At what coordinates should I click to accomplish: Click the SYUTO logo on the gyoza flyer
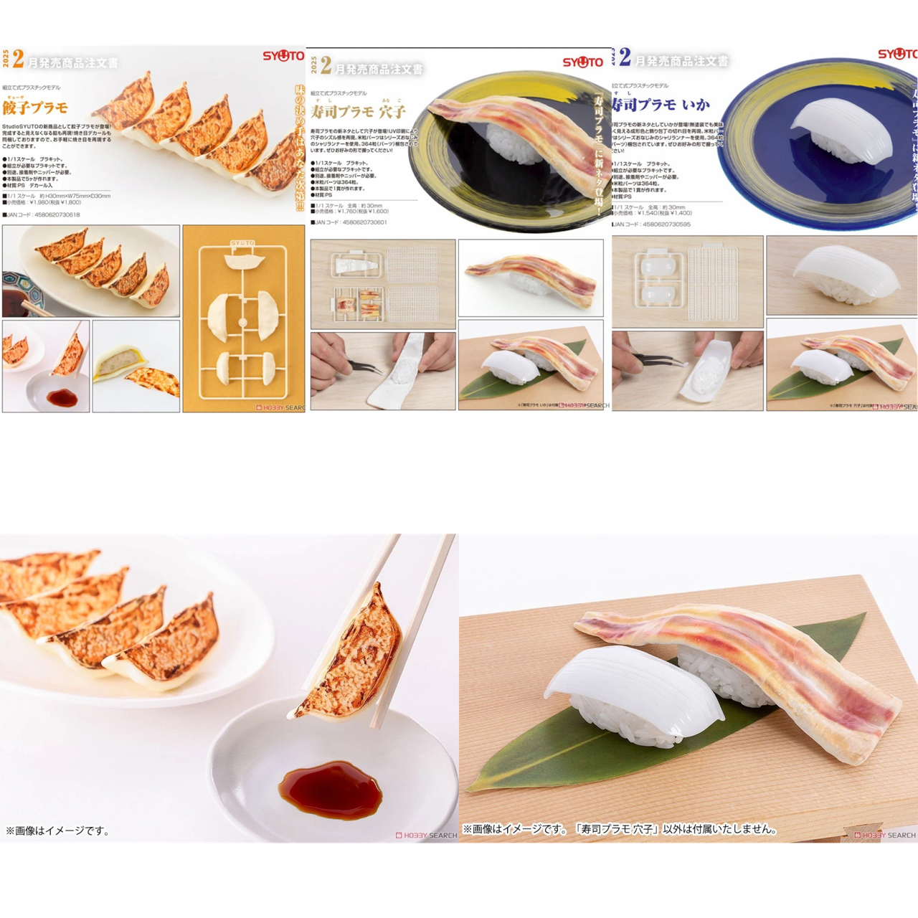[283, 56]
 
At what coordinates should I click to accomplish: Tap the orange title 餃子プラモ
[35, 108]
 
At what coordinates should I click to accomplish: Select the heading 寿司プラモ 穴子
[358, 112]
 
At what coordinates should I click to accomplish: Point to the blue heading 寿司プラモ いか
[660, 105]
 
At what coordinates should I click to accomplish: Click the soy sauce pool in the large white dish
[331, 789]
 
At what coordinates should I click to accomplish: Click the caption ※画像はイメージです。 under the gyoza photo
[57, 831]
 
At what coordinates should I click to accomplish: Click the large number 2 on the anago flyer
[326, 67]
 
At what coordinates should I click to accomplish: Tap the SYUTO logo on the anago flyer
[582, 62]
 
